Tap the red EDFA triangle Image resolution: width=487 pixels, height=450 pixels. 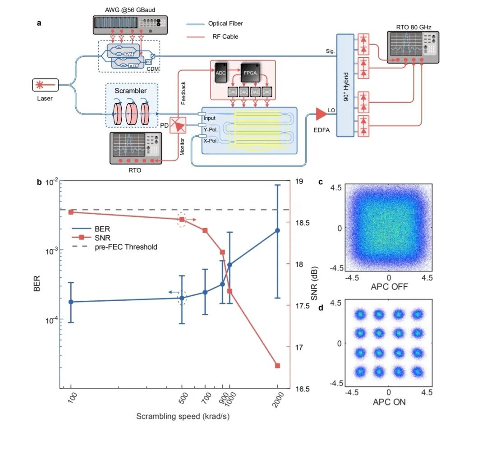[x=321, y=115]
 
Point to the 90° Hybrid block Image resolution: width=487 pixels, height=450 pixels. [x=345, y=85]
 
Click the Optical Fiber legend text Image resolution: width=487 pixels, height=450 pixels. [x=225, y=23]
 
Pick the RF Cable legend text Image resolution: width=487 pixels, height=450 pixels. [x=225, y=37]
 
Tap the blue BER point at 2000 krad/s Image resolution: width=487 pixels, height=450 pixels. [x=277, y=230]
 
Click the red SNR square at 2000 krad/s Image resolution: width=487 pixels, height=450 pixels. [x=277, y=366]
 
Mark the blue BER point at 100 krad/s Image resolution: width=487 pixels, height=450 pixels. [x=71, y=302]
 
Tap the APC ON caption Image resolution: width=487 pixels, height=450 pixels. [x=389, y=402]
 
